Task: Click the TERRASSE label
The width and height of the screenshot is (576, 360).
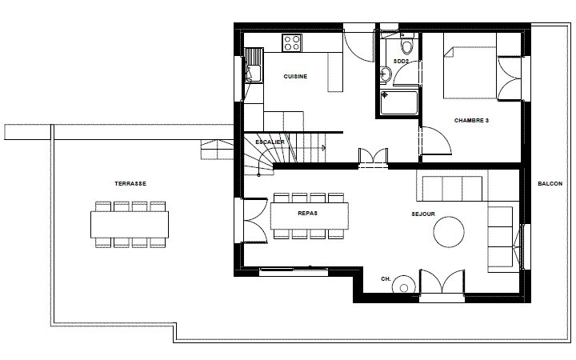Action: click(130, 183)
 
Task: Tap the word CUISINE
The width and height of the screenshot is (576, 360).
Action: click(296, 77)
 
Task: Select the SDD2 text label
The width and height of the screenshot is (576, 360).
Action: click(402, 62)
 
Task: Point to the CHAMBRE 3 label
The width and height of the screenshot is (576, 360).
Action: click(471, 121)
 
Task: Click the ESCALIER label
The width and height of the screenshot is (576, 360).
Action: click(270, 142)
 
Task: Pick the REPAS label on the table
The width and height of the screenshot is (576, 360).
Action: click(309, 214)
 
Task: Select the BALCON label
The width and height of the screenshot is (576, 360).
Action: click(550, 184)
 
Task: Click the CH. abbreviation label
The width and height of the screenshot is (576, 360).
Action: click(386, 279)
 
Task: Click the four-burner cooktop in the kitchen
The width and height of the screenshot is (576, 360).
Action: click(292, 42)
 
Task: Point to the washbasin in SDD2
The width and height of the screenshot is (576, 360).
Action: click(386, 74)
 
